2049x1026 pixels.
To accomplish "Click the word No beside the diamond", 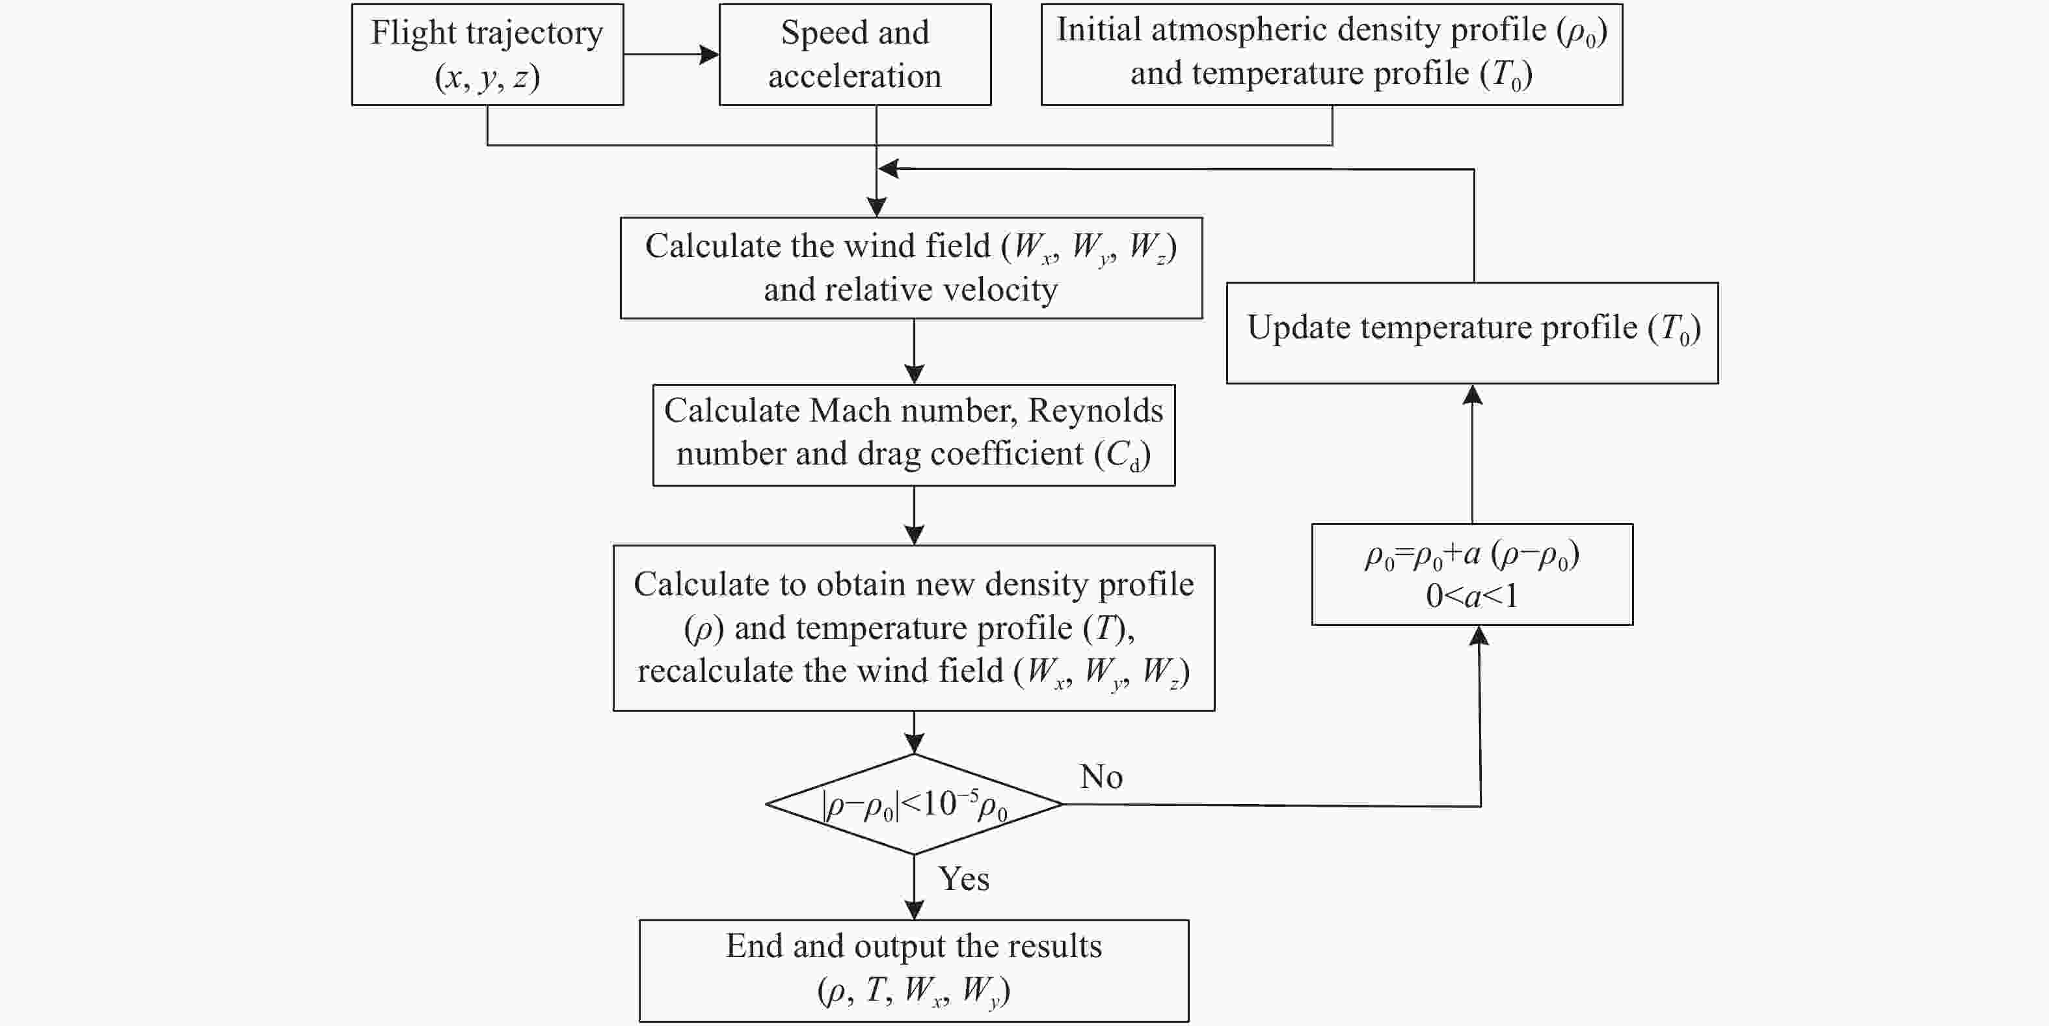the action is point(1101,776).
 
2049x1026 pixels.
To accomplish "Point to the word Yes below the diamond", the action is point(963,879).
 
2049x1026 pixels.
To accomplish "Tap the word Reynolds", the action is point(1095,411).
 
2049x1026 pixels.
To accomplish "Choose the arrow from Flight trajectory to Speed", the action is point(671,54).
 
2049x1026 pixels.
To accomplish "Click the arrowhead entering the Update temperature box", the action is point(1472,394).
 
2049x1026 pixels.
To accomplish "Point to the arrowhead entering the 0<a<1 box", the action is point(1479,636).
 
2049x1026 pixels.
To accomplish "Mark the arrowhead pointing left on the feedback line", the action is point(888,169).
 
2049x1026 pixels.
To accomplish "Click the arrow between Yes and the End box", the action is point(914,887).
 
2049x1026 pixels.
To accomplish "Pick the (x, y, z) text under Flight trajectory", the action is point(488,78).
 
